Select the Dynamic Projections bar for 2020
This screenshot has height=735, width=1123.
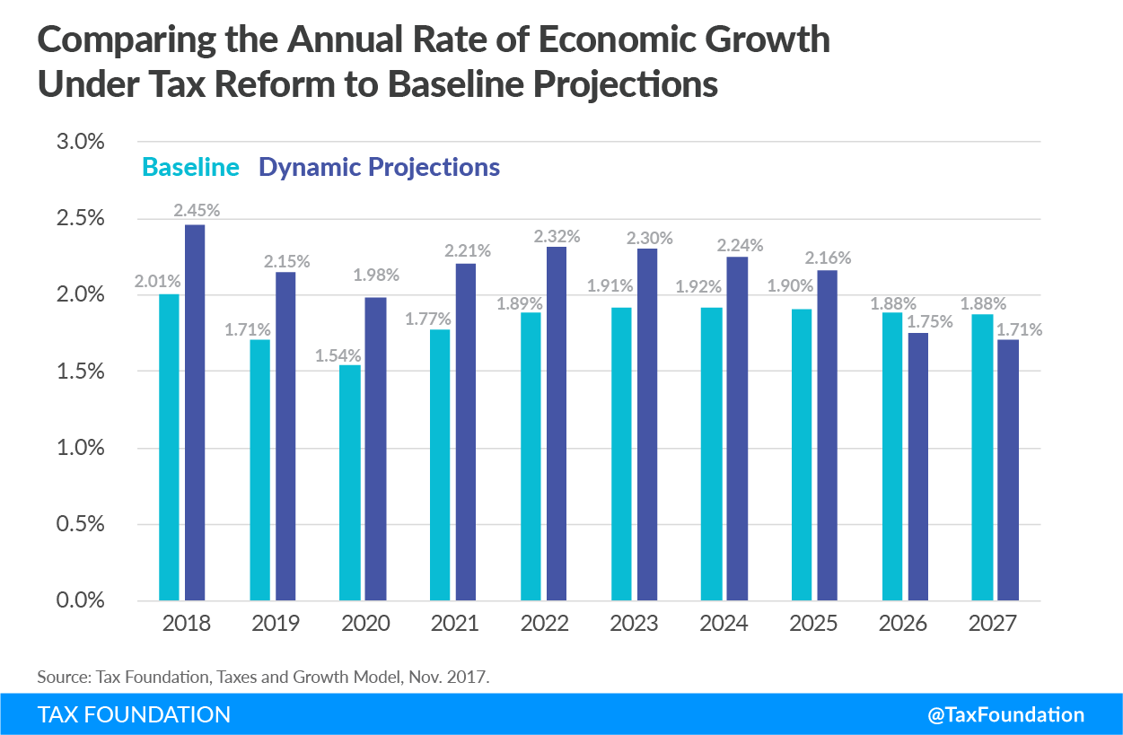(x=375, y=449)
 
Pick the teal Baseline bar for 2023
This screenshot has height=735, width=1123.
(x=621, y=453)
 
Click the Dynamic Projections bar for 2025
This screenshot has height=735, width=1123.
(x=827, y=435)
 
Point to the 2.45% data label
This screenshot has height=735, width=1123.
(x=197, y=211)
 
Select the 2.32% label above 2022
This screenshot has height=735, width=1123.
(x=557, y=237)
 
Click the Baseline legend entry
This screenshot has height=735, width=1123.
(x=190, y=167)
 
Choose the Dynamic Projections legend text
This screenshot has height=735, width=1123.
(x=379, y=167)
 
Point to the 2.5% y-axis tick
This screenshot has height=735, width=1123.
(x=80, y=219)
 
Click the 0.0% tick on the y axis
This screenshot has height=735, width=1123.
(x=80, y=600)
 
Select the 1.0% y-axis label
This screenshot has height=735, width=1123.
(x=80, y=448)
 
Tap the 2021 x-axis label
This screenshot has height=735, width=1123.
(x=454, y=624)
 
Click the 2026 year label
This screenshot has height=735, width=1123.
(x=904, y=624)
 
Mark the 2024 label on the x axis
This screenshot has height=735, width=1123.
(x=724, y=624)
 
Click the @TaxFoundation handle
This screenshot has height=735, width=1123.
(x=1005, y=714)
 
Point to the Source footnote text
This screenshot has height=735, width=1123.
(x=263, y=677)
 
